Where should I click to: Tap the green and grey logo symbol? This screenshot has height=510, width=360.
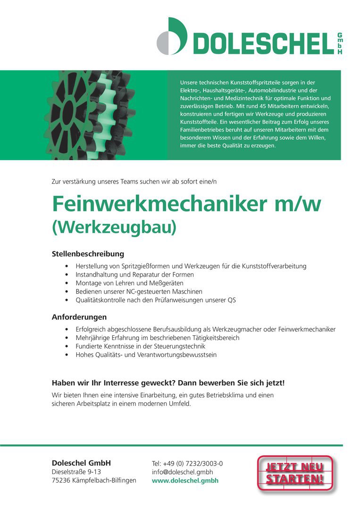click(172, 37)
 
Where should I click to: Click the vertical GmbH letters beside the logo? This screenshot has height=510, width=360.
click(340, 44)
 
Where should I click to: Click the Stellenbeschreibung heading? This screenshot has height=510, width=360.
click(88, 254)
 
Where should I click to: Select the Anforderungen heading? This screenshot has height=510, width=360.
click(79, 317)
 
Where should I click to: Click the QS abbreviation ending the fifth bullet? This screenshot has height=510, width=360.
click(232, 300)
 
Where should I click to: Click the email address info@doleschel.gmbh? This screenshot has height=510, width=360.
click(182, 472)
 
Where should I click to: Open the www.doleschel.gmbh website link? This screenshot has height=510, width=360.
click(185, 481)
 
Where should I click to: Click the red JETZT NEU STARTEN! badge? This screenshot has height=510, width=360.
click(295, 474)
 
